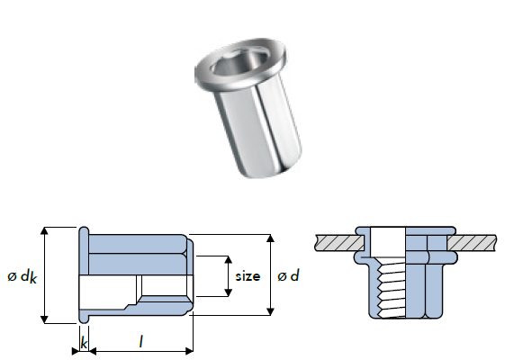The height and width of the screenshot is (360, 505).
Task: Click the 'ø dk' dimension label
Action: click(23, 277)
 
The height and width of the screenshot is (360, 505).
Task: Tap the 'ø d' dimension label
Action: click(288, 276)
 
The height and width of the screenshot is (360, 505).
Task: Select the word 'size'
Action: click(248, 276)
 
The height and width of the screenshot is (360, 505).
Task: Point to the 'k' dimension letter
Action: click(84, 343)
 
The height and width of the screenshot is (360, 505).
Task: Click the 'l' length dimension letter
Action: click(140, 342)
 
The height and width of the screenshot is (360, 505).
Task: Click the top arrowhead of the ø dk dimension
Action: click(45, 231)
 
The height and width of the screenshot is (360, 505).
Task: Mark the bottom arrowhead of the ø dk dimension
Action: click(45, 319)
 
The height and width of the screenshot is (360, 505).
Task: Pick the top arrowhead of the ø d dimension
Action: click(271, 238)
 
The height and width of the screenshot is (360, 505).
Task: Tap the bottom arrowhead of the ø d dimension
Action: click(271, 311)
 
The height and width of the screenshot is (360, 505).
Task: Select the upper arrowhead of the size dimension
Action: click(228, 260)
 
